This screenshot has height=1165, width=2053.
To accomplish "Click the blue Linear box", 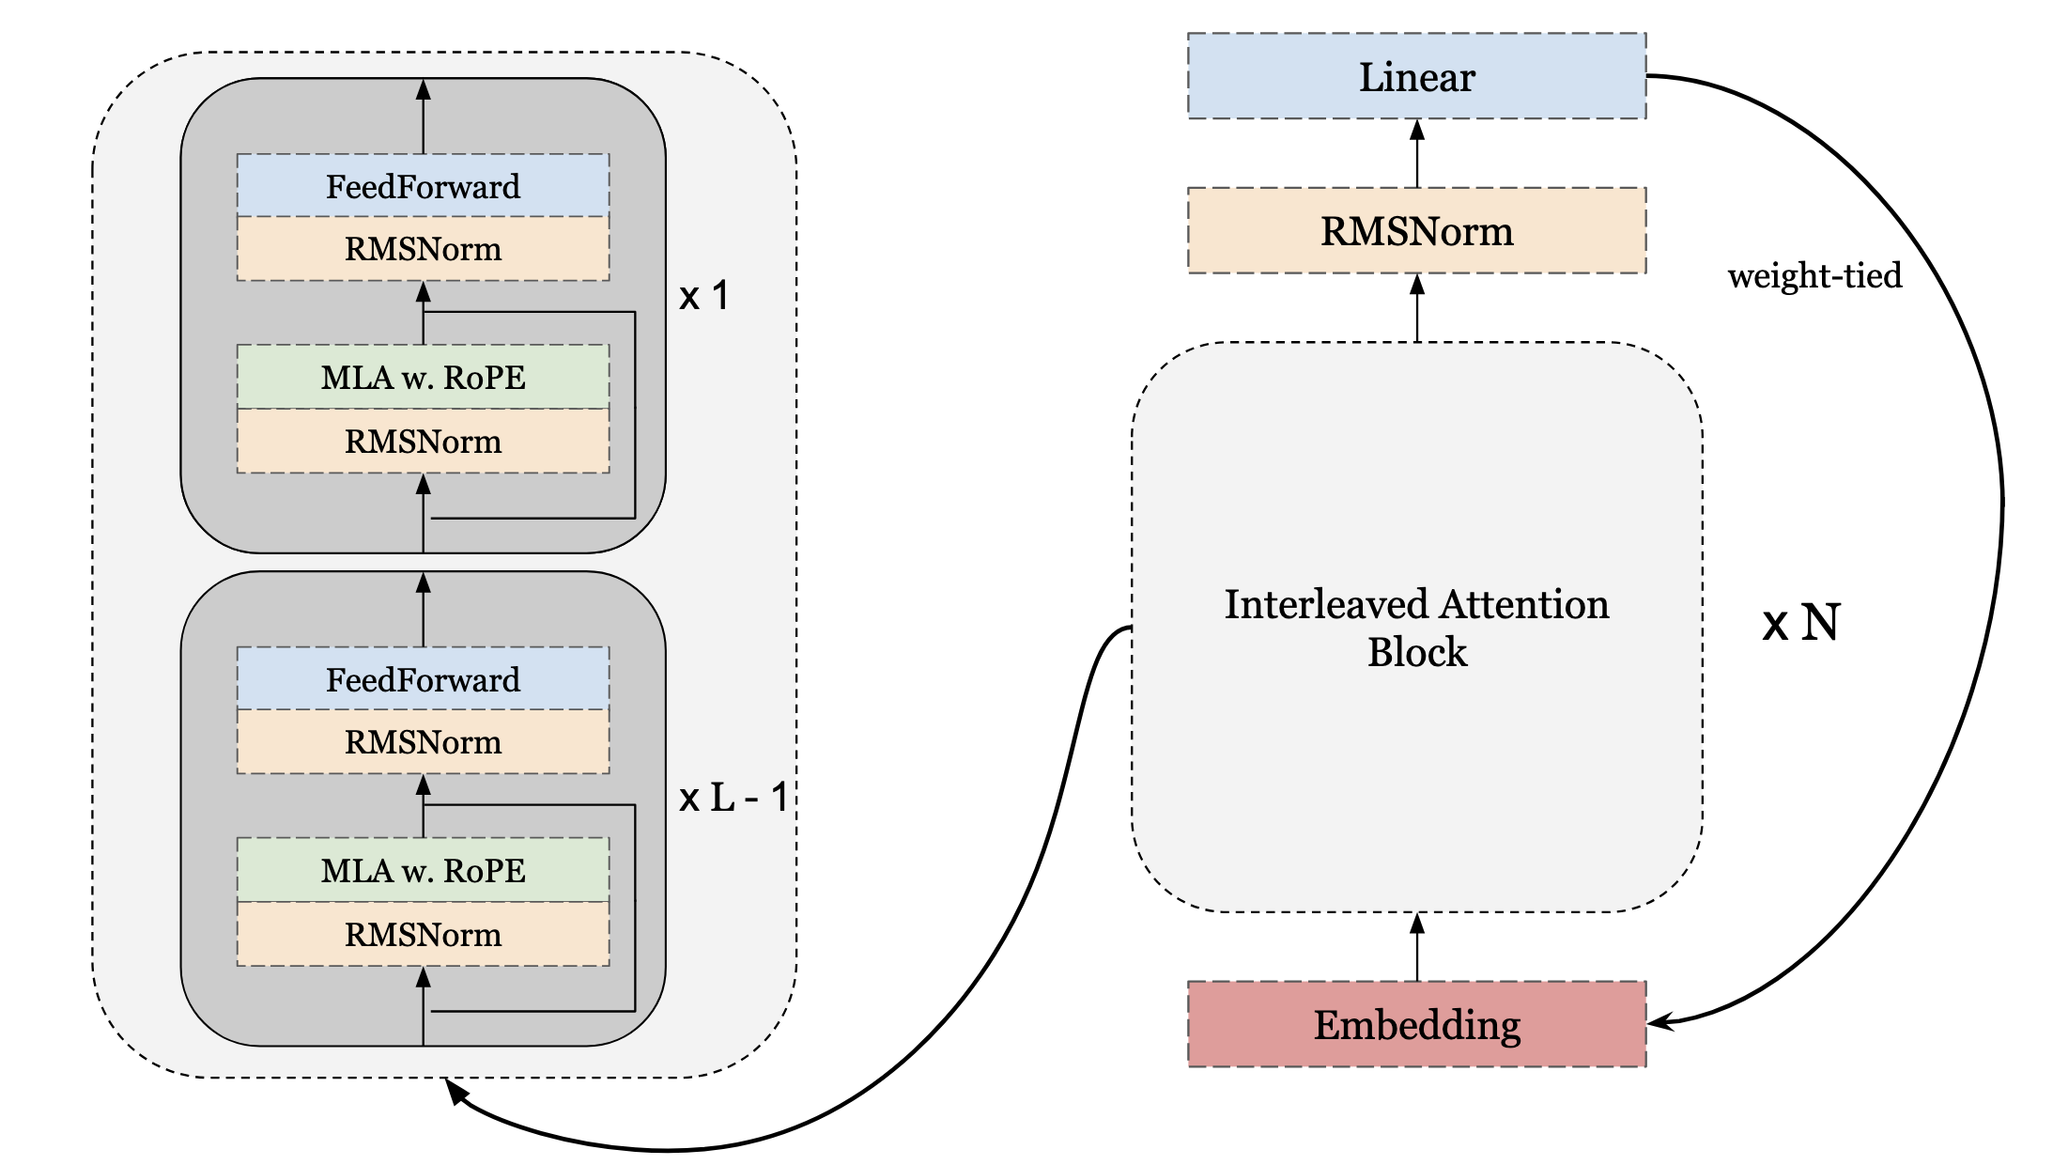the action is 1416,76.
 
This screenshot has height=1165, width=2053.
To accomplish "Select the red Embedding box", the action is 1416,1024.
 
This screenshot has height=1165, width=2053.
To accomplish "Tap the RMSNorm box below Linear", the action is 1416,230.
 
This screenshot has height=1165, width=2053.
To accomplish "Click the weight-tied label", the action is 1814,275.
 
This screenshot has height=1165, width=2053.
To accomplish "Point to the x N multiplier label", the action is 1801,622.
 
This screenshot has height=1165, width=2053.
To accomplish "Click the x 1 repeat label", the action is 704,296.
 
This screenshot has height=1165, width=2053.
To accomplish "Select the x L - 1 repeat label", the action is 733,798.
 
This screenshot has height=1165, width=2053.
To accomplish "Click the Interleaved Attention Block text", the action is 1416,628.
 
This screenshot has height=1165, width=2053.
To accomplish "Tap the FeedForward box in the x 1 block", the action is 423,185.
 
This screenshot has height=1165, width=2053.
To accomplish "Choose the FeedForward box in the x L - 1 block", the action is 423,678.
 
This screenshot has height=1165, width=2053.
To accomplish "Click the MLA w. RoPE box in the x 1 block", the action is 423,377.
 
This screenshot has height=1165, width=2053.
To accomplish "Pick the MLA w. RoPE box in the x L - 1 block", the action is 423,870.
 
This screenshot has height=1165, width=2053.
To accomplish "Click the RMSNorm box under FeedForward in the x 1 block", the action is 423,249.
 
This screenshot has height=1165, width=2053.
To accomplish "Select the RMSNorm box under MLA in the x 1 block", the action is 423,441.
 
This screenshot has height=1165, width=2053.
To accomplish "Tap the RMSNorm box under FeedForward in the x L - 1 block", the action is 423,742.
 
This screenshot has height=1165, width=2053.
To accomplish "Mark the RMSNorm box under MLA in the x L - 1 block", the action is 423,934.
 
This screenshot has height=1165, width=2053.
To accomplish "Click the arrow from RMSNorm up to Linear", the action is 1417,153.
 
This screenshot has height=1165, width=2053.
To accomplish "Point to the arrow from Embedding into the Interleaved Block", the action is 1417,947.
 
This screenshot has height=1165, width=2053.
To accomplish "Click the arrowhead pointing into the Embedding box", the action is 1660,1021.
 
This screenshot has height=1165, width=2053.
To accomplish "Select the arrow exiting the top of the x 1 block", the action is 424,116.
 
